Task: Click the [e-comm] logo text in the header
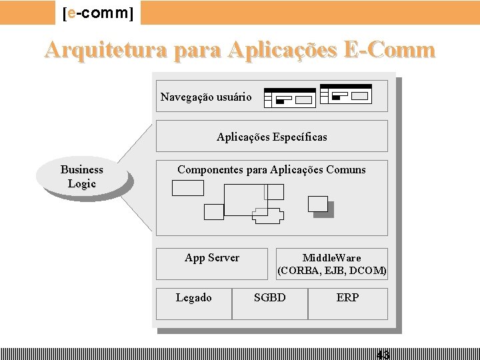[98, 13]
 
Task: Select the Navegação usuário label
[206, 97]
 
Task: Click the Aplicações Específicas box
[271, 137]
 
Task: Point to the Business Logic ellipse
[81, 177]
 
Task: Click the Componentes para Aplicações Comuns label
[271, 170]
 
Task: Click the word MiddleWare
[331, 258]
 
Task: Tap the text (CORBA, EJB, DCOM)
[332, 271]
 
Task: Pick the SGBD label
[269, 298]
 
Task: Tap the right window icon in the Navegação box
[345, 95]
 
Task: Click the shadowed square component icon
[319, 205]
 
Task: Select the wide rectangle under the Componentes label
[187, 188]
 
